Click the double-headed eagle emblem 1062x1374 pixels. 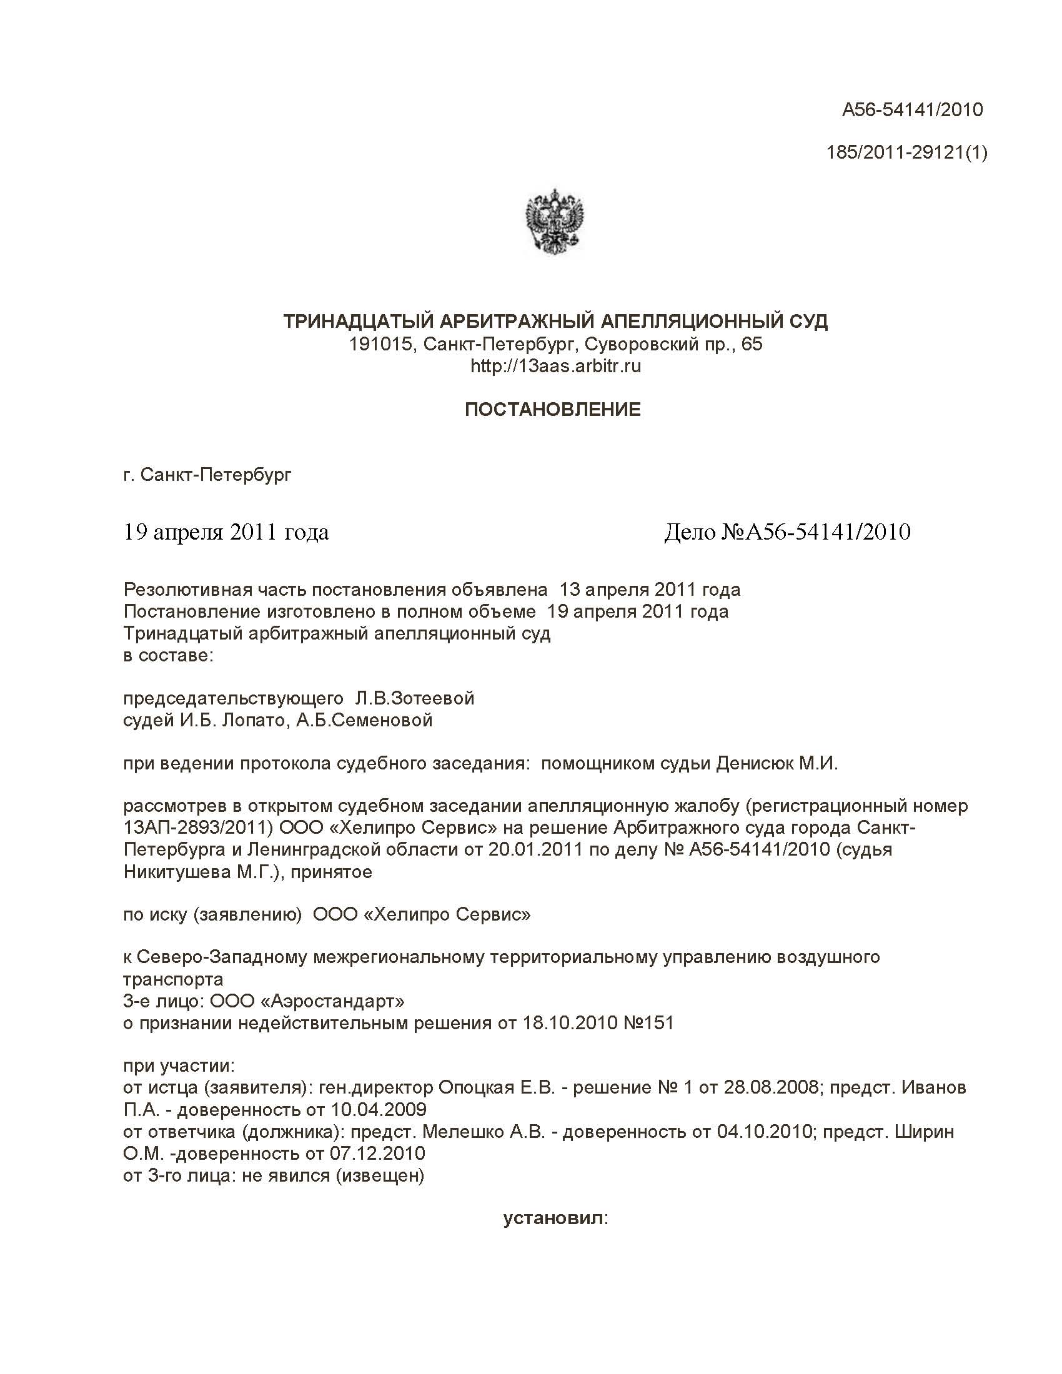point(554,224)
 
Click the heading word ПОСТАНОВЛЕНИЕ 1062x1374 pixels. point(552,410)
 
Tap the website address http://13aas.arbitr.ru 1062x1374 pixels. point(555,366)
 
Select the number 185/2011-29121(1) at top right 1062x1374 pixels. point(906,152)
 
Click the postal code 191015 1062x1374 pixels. point(380,344)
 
